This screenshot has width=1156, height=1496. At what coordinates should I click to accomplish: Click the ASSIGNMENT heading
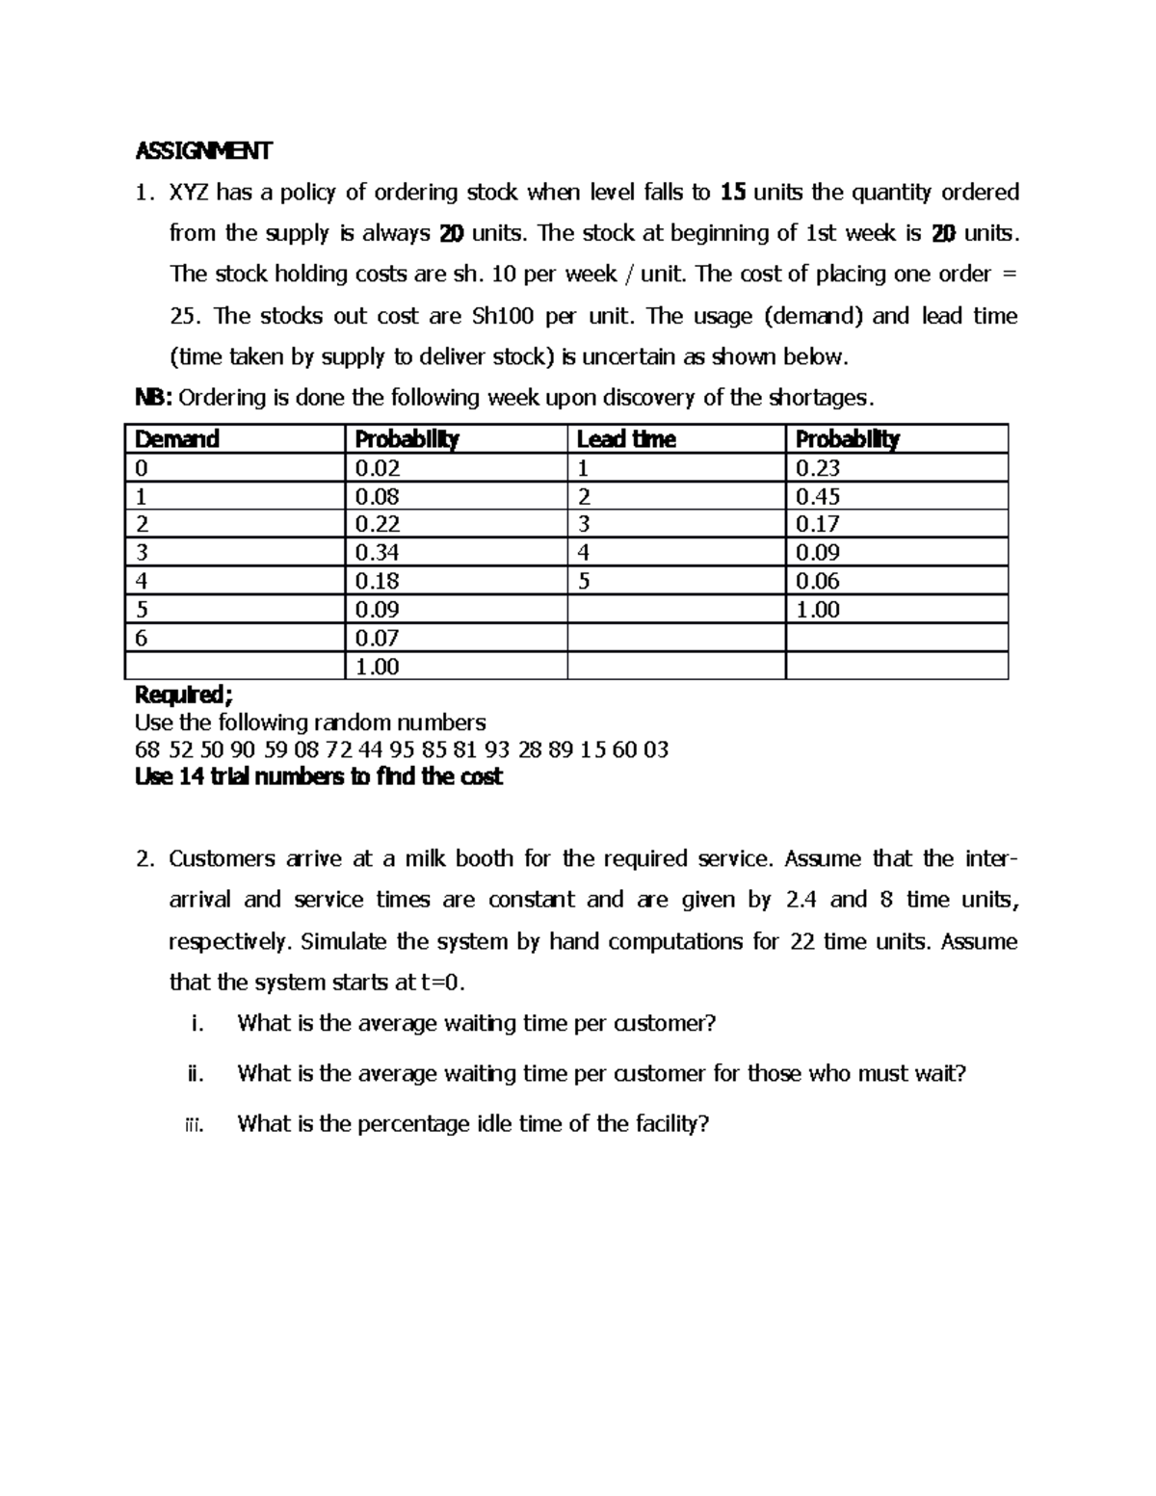tap(203, 151)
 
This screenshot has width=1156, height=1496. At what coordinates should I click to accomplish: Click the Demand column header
tap(177, 439)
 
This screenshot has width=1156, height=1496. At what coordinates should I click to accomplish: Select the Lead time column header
tap(625, 439)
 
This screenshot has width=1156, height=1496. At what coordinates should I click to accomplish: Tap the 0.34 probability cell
tap(377, 553)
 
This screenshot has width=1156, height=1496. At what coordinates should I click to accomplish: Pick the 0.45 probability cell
tap(817, 496)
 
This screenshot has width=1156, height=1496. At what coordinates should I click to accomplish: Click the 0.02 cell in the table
tap(377, 468)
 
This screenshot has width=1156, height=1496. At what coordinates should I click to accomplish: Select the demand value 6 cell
tap(142, 638)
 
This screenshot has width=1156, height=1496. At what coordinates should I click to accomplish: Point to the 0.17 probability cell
tap(817, 524)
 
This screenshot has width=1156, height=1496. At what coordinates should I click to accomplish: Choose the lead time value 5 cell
tap(584, 581)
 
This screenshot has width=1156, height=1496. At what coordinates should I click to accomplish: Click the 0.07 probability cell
tap(377, 638)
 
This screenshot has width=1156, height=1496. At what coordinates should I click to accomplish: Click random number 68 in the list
tap(147, 749)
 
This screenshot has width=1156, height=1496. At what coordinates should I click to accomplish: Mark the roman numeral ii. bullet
tap(196, 1073)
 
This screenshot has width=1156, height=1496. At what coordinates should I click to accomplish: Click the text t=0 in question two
tap(442, 983)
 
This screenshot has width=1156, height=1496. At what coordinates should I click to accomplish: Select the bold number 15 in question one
tap(733, 193)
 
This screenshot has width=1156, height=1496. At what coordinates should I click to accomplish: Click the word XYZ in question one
tap(189, 193)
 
